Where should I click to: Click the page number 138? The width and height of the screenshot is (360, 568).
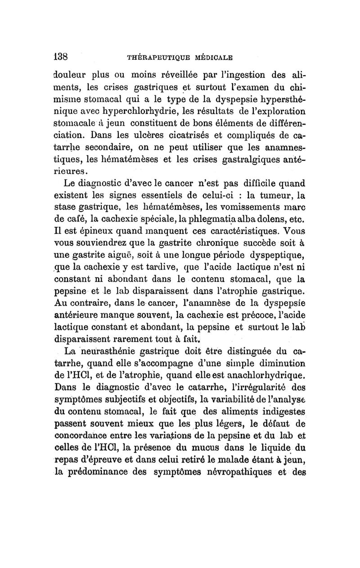pos(60,57)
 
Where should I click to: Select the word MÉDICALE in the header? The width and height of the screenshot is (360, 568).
pos(212,58)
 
